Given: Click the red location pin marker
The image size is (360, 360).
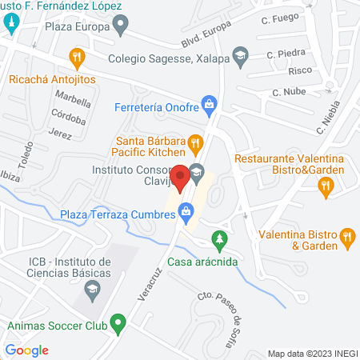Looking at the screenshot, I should (181, 176).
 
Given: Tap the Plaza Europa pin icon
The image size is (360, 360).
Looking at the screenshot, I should (120, 26).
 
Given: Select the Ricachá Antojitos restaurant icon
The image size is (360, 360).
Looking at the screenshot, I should (77, 57).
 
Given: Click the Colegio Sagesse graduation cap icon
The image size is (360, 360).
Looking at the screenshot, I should (239, 55).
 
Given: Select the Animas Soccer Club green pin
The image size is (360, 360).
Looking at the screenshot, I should (118, 324).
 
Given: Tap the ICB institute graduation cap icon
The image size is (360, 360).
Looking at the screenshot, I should (94, 290).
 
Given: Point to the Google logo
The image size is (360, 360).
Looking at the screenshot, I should (26, 350).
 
